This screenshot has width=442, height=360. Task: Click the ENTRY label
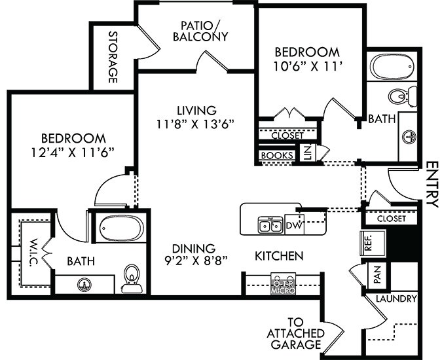click(x=432, y=185)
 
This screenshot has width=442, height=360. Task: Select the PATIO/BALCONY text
click(x=200, y=31)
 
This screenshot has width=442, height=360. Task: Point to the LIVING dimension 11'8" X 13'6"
click(x=196, y=122)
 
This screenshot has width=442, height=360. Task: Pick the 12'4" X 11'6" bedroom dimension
click(x=73, y=152)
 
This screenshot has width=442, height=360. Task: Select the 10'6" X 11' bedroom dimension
click(x=307, y=65)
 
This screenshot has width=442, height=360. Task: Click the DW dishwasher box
click(x=293, y=226)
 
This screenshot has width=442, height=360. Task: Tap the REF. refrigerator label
click(x=367, y=242)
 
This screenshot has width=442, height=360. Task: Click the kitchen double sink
click(x=268, y=225)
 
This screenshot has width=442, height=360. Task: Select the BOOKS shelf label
click(x=276, y=156)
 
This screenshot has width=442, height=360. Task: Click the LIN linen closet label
click(x=307, y=154)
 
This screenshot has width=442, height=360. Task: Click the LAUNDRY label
click(x=396, y=299)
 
